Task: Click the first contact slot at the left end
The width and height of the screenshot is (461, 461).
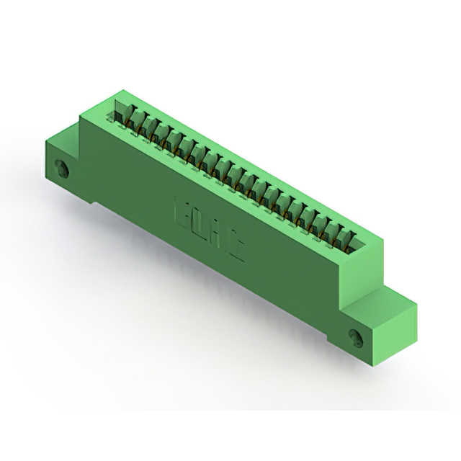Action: tap(122, 114)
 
